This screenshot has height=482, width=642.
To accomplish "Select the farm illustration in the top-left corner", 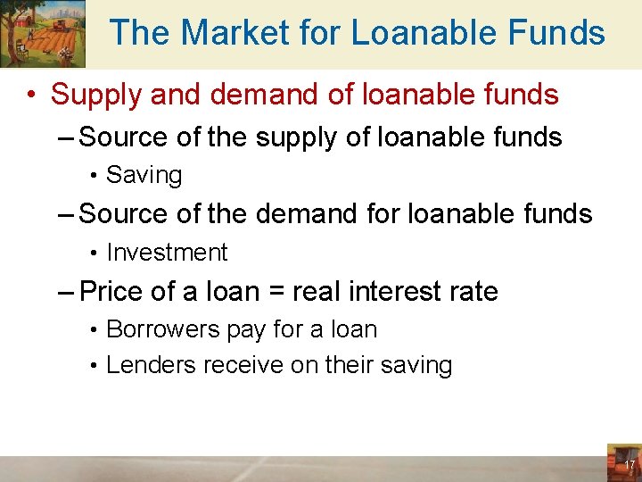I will point(43,34).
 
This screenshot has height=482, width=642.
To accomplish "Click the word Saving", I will point(144,175).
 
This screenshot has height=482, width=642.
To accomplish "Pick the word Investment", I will point(167,253).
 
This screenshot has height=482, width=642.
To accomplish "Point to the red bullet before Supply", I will point(31,94).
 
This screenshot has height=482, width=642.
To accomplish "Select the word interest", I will point(397,292).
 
